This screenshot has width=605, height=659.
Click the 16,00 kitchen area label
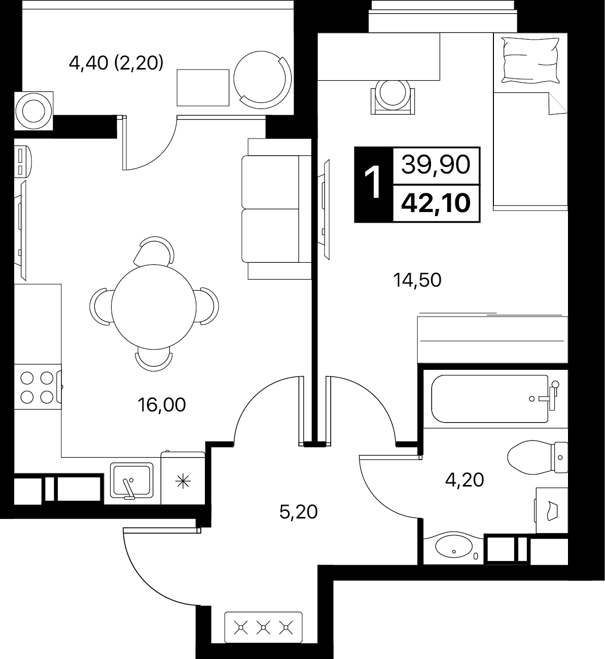(162, 405)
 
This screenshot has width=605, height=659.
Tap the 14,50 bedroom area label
(417, 281)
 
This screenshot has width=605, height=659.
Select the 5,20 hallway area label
(299, 512)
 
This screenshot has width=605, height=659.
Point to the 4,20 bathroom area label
(465, 480)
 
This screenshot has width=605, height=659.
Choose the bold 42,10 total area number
(436, 203)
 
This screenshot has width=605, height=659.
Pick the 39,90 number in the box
(436, 165)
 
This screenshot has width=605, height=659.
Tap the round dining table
(154, 307)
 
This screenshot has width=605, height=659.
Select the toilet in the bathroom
(538, 457)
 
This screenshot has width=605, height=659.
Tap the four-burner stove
(38, 387)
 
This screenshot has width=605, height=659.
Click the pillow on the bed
(530, 61)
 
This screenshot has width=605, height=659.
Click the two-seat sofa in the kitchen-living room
(276, 209)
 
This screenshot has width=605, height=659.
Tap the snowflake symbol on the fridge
(183, 482)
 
